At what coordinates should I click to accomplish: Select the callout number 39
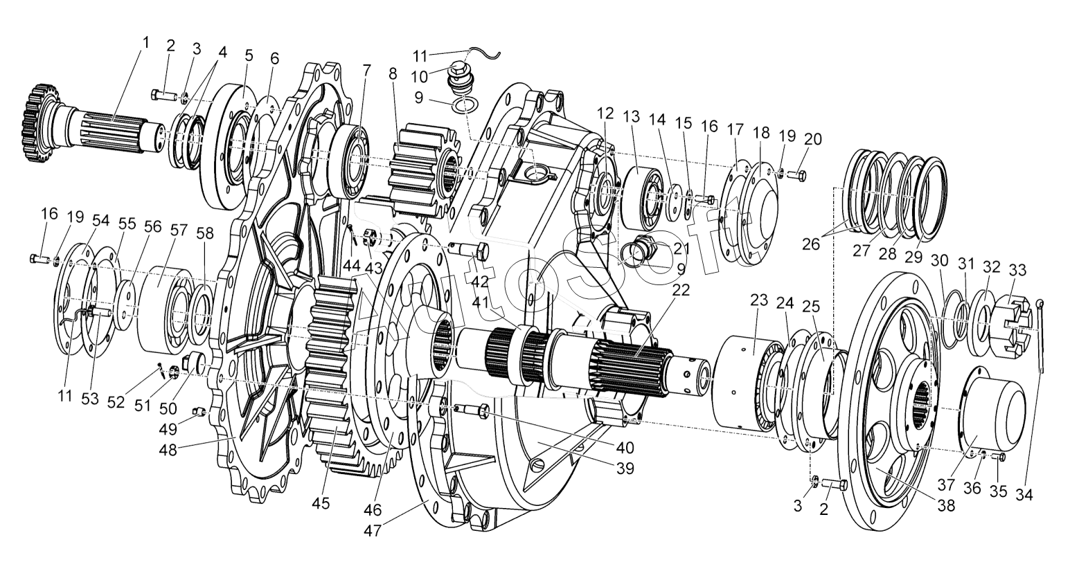pyautogui.click(x=625, y=469)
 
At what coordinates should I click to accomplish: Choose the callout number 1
pyautogui.click(x=145, y=42)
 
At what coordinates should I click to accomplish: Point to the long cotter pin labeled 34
pyautogui.click(x=1044, y=339)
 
